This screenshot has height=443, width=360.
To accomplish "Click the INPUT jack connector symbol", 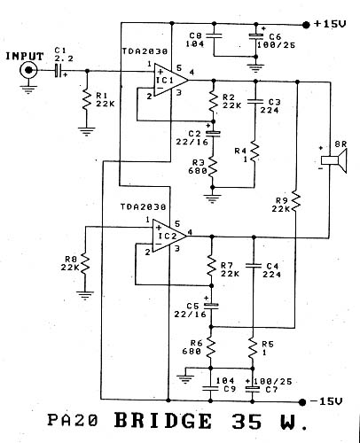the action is pyautogui.click(x=28, y=70).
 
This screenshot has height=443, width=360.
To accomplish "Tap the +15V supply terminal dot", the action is pyautogui.click(x=306, y=25).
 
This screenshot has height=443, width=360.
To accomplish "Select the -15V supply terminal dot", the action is pyautogui.click(x=302, y=402).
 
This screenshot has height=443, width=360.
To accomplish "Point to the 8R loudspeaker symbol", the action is pyautogui.click(x=334, y=160).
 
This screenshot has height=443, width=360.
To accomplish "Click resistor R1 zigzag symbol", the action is pyautogui.click(x=87, y=99).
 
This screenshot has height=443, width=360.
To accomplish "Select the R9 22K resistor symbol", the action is pyautogui.click(x=296, y=203).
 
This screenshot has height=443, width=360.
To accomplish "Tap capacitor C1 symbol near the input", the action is pyautogui.click(x=59, y=71).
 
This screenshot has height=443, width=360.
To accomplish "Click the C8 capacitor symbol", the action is pyautogui.click(x=214, y=35).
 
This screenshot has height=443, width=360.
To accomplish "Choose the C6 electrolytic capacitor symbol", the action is pyautogui.click(x=255, y=36).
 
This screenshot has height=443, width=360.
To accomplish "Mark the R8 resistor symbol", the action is pyautogui.click(x=85, y=264).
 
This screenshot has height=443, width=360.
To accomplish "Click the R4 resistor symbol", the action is pyautogui.click(x=254, y=153).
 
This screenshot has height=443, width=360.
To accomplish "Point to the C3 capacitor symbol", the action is pyautogui.click(x=255, y=101).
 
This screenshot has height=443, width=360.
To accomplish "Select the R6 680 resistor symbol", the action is pyautogui.click(x=211, y=347).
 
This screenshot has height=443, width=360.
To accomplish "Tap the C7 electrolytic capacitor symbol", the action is pyautogui.click(x=253, y=389).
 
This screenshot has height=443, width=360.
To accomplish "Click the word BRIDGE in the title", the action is pyautogui.click(x=163, y=421).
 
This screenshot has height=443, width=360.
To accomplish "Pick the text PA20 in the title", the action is pyautogui.click(x=72, y=420).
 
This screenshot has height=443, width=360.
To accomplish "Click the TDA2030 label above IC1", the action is pyautogui.click(x=145, y=51).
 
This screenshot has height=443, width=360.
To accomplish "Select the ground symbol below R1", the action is pyautogui.click(x=87, y=131).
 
